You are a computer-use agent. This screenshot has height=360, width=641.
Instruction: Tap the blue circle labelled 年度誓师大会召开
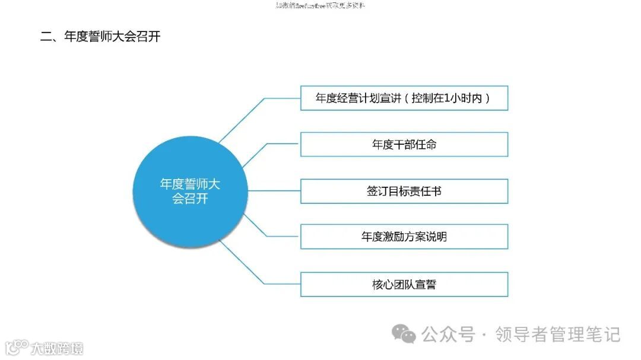[x=190, y=191]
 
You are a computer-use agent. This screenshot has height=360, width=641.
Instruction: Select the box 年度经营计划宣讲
[x=404, y=98]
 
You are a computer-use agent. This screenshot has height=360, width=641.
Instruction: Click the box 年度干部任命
[x=404, y=144]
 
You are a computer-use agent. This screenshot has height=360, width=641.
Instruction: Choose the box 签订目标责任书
[x=404, y=191]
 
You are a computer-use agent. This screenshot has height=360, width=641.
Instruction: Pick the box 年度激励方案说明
[x=404, y=237]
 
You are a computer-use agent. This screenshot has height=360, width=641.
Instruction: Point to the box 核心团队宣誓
[x=404, y=284]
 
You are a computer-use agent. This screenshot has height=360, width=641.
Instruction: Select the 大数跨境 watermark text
[x=57, y=348]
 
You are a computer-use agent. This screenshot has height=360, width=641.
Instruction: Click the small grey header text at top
[x=320, y=6]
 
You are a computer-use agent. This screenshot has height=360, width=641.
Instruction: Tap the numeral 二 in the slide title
[x=46, y=36]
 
